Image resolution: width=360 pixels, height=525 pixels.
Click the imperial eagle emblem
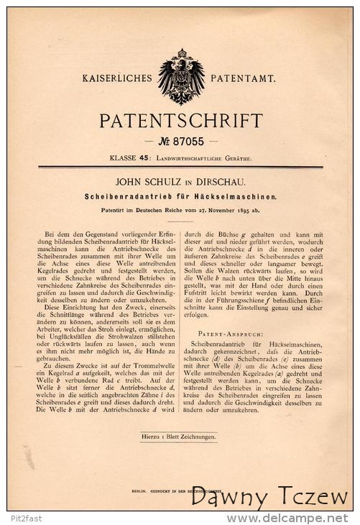coord(181,77)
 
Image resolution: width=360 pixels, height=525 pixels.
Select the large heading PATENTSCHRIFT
coord(180,119)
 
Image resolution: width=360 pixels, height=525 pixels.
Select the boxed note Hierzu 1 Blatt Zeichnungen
coord(180,435)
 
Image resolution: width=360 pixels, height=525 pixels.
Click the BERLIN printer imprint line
coord(180,485)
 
